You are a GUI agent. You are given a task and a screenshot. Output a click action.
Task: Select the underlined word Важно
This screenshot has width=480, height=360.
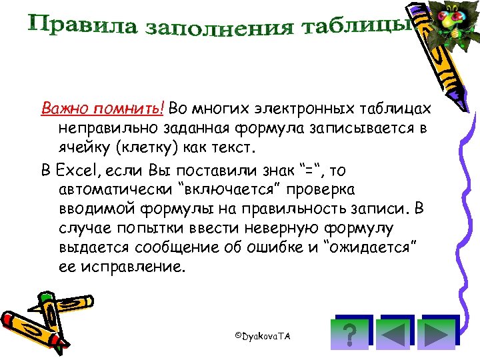pyautogui.click(x=64, y=108)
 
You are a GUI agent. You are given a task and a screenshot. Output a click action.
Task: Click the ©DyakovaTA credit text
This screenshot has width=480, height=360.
pyautogui.click(x=263, y=336)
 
